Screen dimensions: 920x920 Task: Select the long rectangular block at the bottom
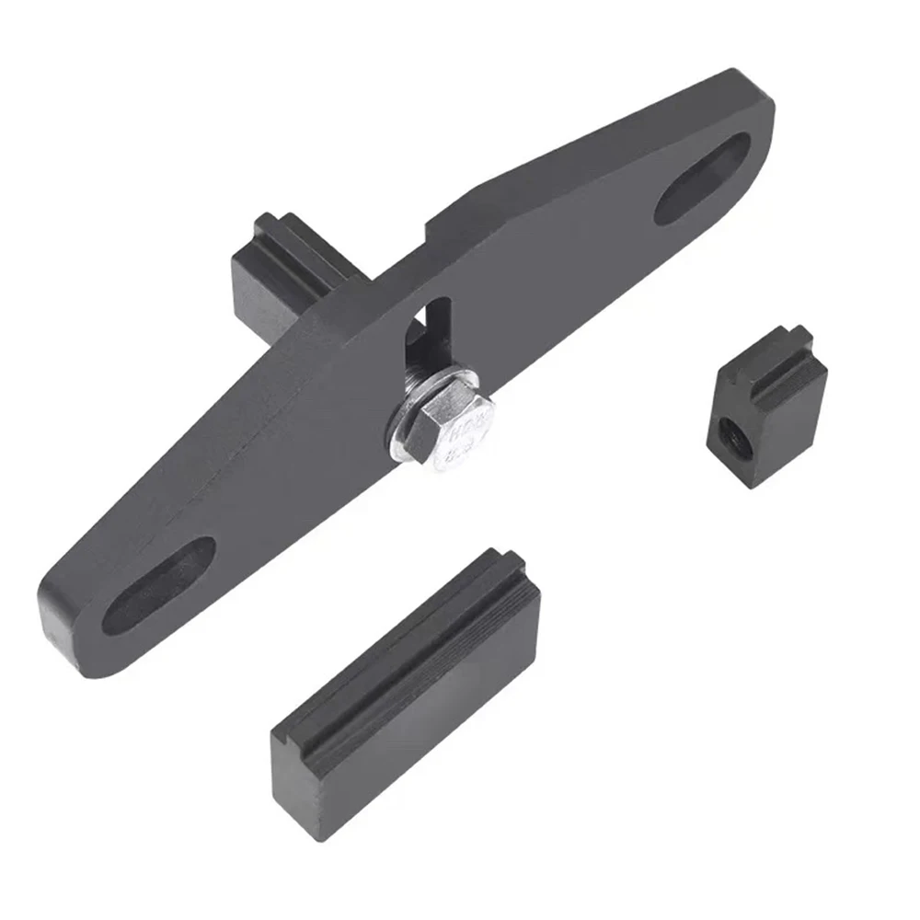tap(405, 690)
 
